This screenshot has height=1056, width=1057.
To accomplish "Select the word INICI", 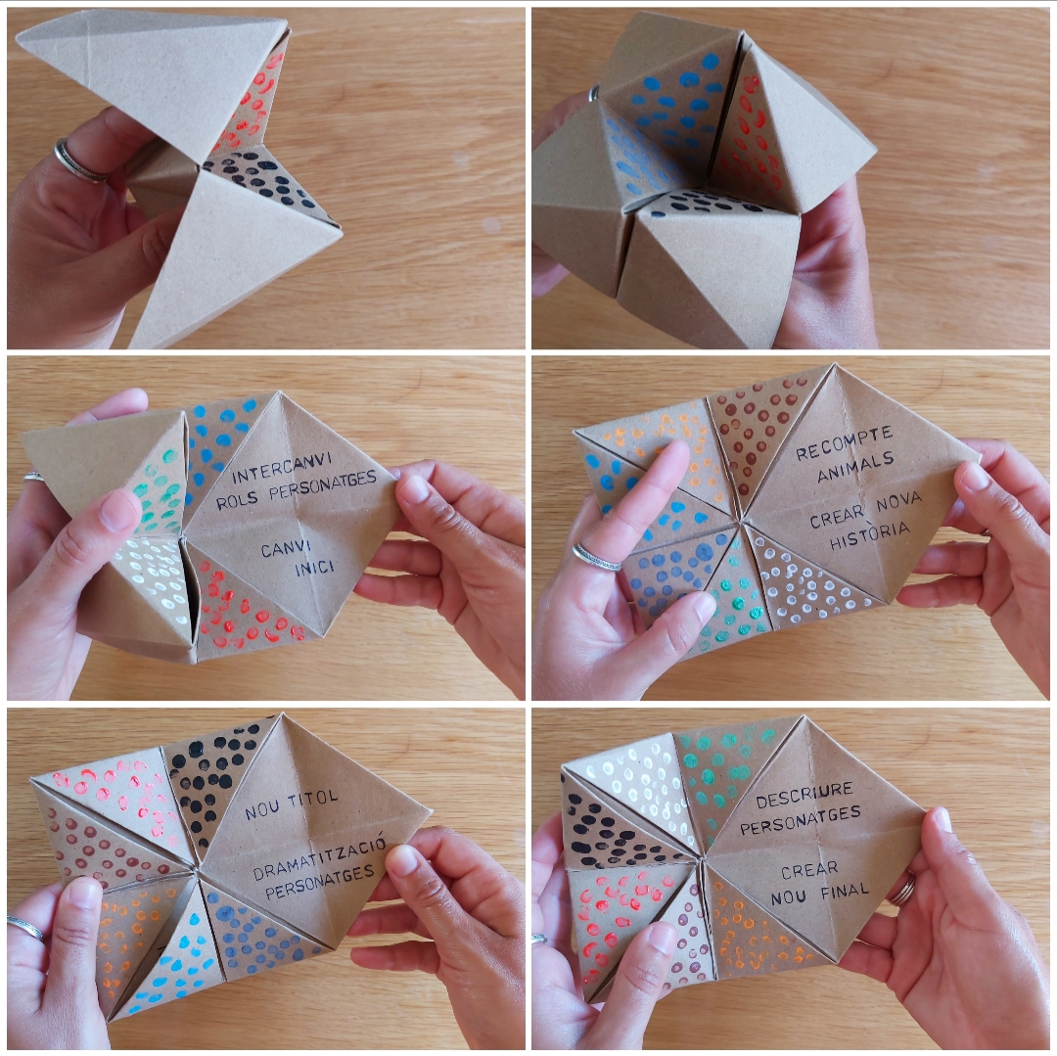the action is click(x=314, y=568).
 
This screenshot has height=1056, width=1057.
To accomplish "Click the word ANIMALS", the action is click(x=855, y=468).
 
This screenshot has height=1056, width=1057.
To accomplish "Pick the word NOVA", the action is click(x=899, y=504).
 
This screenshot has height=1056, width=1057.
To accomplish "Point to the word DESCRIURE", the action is click(x=804, y=795).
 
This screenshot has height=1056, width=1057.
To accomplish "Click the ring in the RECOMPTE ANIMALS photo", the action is click(x=596, y=557).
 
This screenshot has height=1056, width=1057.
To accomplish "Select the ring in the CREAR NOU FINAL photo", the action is click(x=902, y=889).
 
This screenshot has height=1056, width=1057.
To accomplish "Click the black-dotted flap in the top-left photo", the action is click(x=266, y=178).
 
